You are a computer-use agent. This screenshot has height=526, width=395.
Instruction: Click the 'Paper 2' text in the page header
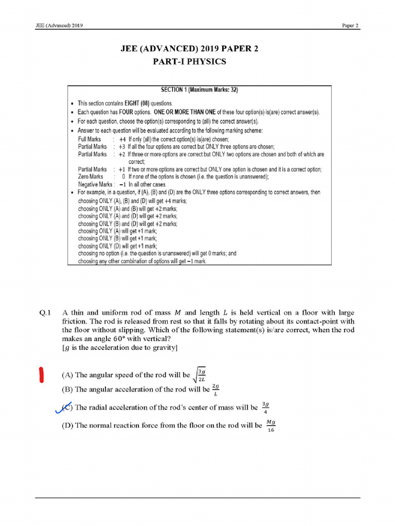351,25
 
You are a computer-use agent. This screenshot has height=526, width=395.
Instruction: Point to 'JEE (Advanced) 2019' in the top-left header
57,25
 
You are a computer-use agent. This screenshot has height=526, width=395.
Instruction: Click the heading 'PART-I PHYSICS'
189,62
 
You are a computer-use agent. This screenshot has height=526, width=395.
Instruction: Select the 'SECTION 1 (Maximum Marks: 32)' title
199,90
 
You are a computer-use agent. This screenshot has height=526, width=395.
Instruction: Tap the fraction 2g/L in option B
216,389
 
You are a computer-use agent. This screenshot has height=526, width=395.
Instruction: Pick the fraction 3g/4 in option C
264,407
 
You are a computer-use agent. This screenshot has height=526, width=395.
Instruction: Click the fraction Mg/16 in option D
271,425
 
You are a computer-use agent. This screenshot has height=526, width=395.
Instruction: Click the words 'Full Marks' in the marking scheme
89,139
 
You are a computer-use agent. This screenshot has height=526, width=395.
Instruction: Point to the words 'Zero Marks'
90,176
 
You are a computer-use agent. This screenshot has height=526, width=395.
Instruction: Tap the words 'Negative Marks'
95,184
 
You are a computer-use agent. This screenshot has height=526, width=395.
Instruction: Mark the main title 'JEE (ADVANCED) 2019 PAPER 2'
189,49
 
